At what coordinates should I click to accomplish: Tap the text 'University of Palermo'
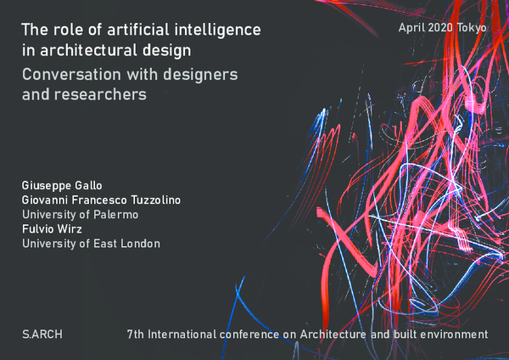[80, 214]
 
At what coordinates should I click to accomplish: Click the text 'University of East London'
[91, 244]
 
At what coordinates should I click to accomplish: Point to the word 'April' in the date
[412, 28]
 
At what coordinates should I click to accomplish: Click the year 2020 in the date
[442, 28]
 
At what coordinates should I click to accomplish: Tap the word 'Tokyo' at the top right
[473, 28]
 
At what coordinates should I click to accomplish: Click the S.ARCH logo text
[42, 335]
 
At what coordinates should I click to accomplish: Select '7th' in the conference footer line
[135, 335]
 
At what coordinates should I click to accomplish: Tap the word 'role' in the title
[67, 31]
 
